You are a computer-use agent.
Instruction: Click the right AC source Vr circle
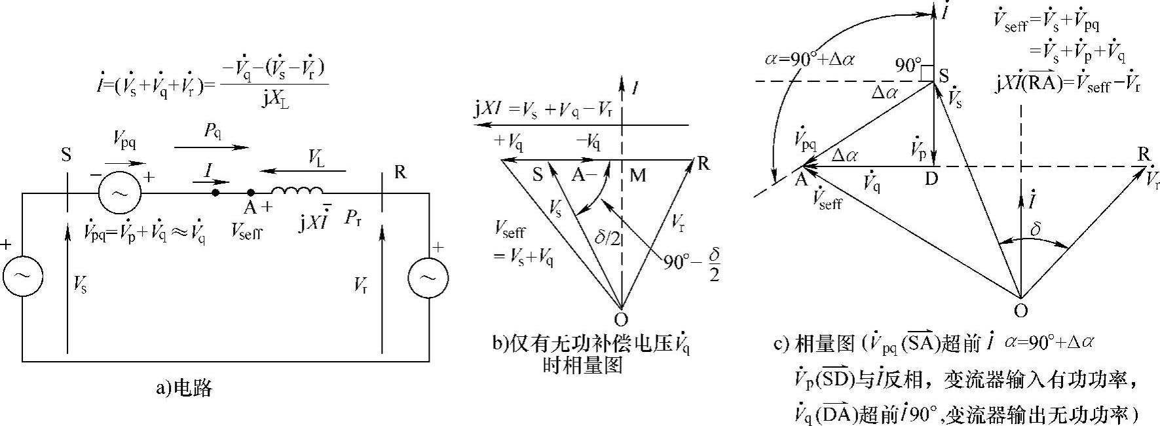[x=428, y=277]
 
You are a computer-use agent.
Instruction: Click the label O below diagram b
[x=621, y=319]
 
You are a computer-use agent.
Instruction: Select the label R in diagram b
[x=703, y=163]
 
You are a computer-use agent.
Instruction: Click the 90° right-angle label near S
[x=908, y=66]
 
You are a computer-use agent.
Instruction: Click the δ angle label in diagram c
[x=1035, y=230]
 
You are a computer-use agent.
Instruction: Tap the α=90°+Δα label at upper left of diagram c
[x=812, y=58]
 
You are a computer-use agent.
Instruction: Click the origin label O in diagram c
[x=1020, y=310]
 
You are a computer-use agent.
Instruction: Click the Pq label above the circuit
[x=212, y=132]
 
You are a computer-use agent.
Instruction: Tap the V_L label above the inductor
[x=316, y=157]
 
